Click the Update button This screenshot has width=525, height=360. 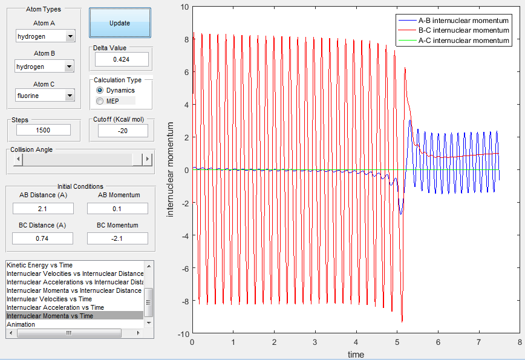[x=120, y=23]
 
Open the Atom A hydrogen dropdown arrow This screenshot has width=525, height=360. [x=70, y=36]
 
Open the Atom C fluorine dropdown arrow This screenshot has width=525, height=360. [x=70, y=96]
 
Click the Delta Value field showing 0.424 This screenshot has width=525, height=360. [x=122, y=59]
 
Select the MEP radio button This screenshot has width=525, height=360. [x=100, y=101]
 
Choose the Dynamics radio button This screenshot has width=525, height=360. [x=100, y=90]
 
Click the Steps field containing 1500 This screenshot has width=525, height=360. [x=44, y=130]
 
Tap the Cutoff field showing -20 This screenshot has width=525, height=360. [x=123, y=131]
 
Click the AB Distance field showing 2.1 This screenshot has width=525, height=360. [x=43, y=209]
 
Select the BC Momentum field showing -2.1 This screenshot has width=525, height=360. [x=117, y=238]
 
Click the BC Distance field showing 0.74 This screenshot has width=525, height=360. [x=42, y=238]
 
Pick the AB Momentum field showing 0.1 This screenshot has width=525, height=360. [x=117, y=209]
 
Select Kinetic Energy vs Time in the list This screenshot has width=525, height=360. [x=40, y=265]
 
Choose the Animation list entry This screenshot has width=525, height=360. [x=21, y=324]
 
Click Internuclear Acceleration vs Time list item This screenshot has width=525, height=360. [x=55, y=307]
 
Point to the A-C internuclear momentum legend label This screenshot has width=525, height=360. [x=464, y=41]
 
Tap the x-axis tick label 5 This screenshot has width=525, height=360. [x=397, y=342]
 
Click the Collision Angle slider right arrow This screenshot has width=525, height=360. [x=148, y=159]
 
